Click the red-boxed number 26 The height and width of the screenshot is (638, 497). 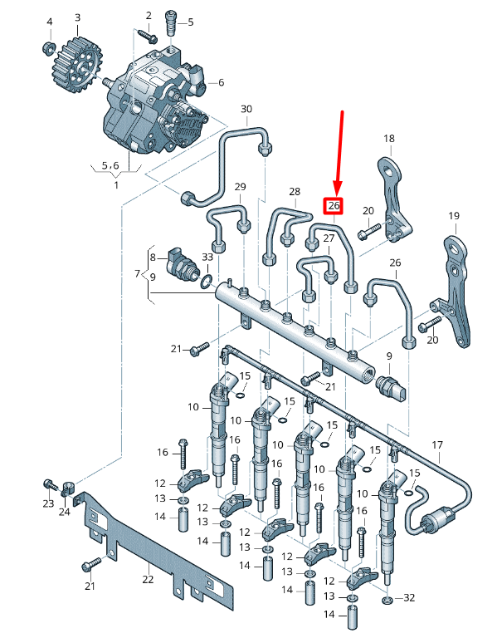(334, 205)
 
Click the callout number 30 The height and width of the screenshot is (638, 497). (246, 109)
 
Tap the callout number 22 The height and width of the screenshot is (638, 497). (148, 580)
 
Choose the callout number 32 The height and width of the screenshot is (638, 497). (408, 598)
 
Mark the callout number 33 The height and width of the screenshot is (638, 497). (207, 258)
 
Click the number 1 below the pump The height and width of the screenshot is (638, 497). (116, 184)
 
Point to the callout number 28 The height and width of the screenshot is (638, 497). (294, 192)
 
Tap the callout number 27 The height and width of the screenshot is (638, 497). (329, 239)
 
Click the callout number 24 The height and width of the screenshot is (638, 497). (65, 512)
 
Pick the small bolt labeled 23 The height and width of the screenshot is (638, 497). (50, 484)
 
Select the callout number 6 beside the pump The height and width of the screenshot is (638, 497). (221, 82)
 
